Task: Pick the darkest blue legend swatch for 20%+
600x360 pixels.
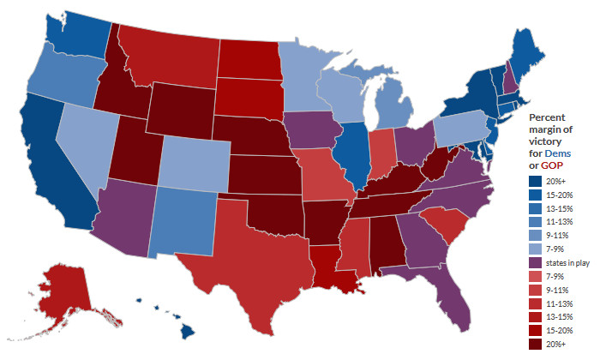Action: (535, 180)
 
